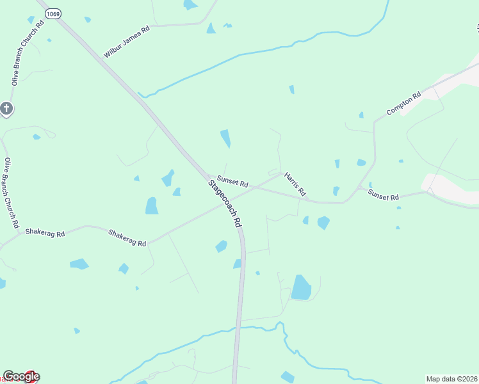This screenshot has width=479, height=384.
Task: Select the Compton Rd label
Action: (403, 104)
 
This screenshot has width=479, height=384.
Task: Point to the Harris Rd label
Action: (295, 184)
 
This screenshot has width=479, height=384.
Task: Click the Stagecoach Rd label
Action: (225, 204)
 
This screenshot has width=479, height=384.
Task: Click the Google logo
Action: (21, 377)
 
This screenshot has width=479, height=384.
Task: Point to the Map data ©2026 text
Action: (451, 379)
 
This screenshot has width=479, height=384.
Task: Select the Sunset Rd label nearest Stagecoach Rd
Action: (232, 182)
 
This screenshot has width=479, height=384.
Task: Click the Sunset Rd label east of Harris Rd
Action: (383, 195)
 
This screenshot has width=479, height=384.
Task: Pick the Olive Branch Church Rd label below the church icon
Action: (11, 193)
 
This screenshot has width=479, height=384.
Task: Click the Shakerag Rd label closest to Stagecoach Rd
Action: (127, 238)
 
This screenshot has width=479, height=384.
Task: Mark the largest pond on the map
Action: (301, 287)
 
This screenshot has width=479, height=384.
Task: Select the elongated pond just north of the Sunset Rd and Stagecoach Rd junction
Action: (225, 138)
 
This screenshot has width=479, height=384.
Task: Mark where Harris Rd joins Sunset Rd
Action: (281, 175)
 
